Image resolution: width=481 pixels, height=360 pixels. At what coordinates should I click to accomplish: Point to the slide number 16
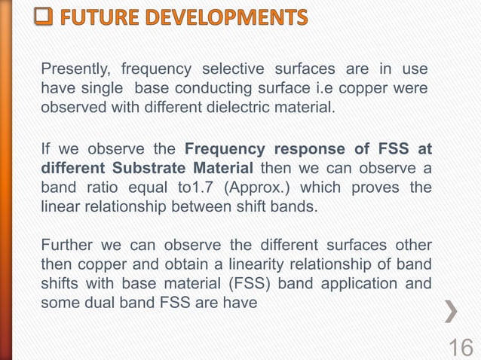(x=461, y=346)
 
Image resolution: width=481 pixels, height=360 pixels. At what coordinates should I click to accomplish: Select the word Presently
(x=73, y=70)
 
